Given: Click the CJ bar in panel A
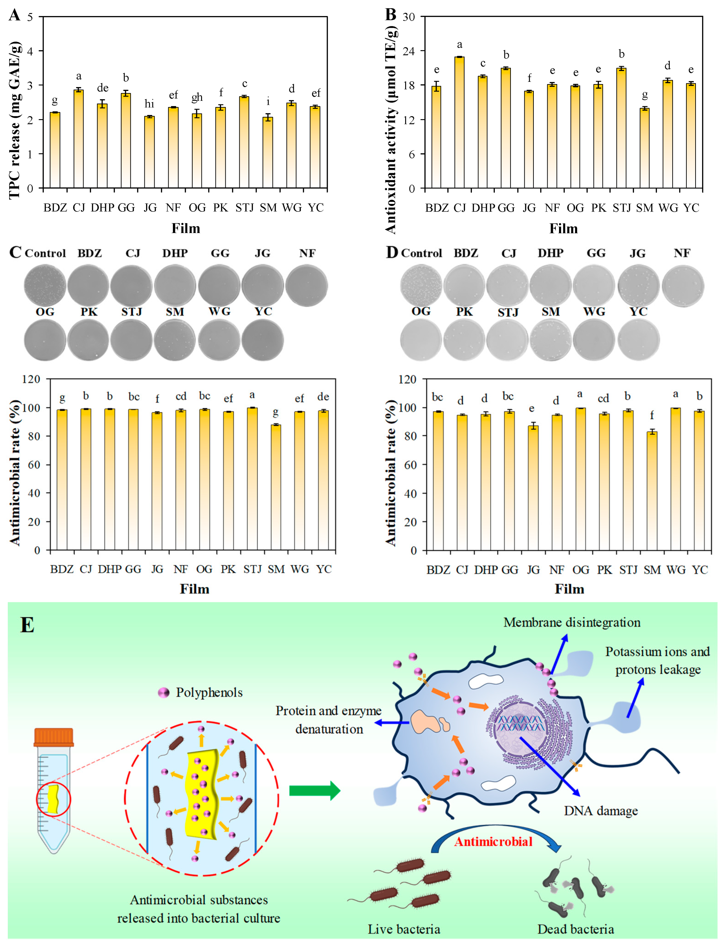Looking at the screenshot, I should (x=79, y=138).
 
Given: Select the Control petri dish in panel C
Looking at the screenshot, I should (x=45, y=285).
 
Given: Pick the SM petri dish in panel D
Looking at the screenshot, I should (x=551, y=339).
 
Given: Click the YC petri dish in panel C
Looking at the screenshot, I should (x=263, y=339).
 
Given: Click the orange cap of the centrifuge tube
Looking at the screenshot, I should (x=54, y=737).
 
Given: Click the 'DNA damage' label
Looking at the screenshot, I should (x=601, y=811).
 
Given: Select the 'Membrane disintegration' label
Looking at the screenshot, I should (x=571, y=622).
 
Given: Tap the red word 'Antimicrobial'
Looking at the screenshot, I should (x=493, y=842).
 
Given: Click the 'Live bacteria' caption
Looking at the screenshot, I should (x=404, y=929).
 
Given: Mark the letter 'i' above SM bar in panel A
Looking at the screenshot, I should (x=268, y=102).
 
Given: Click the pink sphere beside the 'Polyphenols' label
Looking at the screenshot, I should (x=163, y=693).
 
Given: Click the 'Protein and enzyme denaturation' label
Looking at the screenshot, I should (x=328, y=720).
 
